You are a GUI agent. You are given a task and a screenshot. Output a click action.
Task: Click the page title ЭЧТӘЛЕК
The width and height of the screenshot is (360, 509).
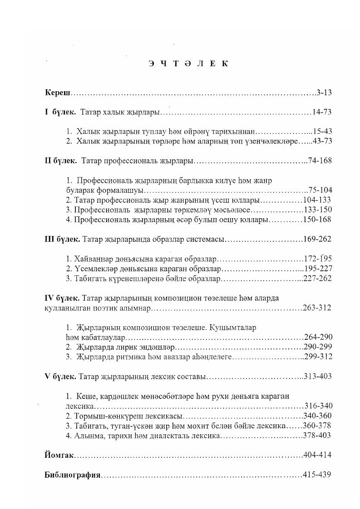pos(187,64)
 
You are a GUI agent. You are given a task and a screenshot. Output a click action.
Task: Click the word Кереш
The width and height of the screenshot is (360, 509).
pos(58,93)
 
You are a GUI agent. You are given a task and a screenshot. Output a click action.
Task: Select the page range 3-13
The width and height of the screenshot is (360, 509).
pos(325,93)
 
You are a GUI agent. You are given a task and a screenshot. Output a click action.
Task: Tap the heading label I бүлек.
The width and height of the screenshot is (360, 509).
pos(60,112)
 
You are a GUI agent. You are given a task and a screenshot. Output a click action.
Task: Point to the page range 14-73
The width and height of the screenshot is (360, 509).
pos(322,112)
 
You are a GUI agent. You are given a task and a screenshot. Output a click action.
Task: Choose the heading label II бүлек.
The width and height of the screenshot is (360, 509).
pos(61,161)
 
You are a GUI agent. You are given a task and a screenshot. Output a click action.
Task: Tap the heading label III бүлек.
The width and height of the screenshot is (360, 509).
pos(63,239)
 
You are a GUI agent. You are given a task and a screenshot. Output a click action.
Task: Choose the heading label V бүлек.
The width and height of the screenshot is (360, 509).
pos(60,377)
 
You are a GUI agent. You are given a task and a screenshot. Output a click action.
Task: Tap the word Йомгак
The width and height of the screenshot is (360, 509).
pos(59,455)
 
